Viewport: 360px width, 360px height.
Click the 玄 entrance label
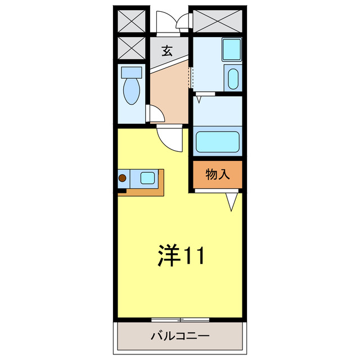pyautogui.click(x=166, y=51)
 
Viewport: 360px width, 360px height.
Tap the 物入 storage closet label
pyautogui.click(x=218, y=174)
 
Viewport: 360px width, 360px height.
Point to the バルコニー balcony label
pyautogui.click(x=179, y=336)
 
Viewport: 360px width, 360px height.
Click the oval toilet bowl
pyautogui.click(x=133, y=91)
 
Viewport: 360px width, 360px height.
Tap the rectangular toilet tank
pyautogui.click(x=133, y=71)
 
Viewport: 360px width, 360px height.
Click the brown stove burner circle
pyautogui.click(x=123, y=179)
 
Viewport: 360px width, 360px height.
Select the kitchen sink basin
pyautogui.click(x=147, y=178)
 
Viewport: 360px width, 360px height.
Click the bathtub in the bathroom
pyautogui.click(x=217, y=142)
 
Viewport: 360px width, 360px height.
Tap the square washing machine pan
pyautogui.click(x=231, y=49)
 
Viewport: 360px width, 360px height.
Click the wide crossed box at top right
pyautogui.click(x=217, y=21)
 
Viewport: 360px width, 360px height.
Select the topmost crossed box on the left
pyautogui.click(x=132, y=20)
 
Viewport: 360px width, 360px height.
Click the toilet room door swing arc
pyautogui.click(x=157, y=112)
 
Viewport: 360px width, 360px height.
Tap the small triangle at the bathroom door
pyautogui.click(x=198, y=99)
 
